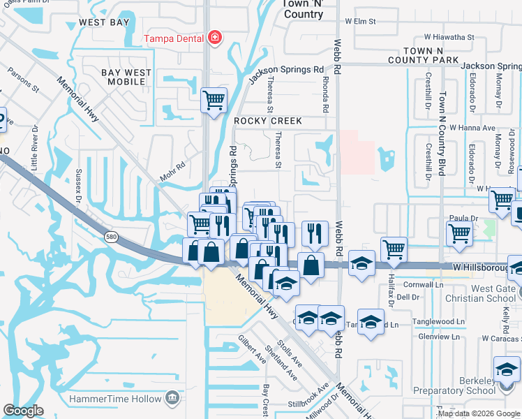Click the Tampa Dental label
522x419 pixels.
[174, 39]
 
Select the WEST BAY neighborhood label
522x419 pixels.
[104, 22]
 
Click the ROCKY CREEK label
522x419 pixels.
[268, 121]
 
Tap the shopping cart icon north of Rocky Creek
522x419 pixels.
[214, 99]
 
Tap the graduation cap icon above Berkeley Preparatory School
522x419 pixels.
[507, 368]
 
